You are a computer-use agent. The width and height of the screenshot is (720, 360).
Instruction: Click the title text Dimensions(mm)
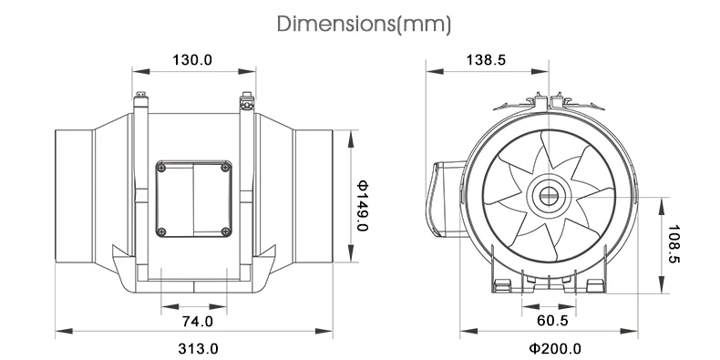365,24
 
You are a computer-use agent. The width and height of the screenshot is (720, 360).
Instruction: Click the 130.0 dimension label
192,59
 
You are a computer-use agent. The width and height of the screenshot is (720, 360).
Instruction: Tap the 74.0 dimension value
198,321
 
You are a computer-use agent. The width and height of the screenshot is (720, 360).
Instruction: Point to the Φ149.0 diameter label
363,206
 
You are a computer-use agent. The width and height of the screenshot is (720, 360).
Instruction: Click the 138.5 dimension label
486,59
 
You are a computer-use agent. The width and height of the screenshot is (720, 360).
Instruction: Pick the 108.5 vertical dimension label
674,244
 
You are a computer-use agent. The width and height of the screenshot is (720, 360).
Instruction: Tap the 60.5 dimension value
552,321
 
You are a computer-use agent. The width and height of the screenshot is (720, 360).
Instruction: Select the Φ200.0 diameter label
555,348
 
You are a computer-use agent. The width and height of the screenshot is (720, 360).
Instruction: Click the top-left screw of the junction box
161,168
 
